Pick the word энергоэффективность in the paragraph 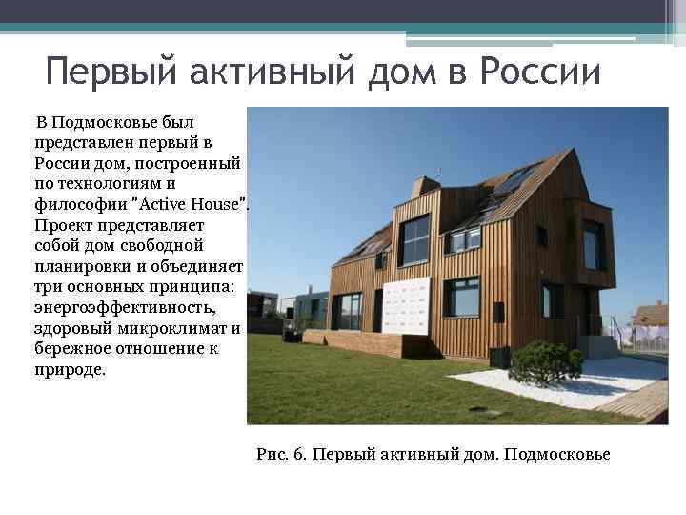click(125, 307)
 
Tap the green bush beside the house click(546, 362)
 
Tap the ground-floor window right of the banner click(460, 297)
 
